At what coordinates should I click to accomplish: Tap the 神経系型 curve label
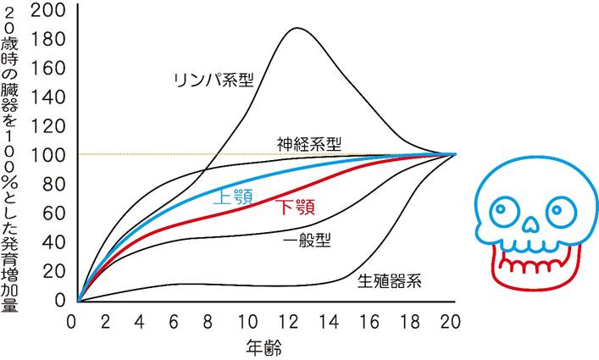[309, 143]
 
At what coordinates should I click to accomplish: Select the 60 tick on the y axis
[56, 213]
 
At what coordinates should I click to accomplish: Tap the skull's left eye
[503, 206]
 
